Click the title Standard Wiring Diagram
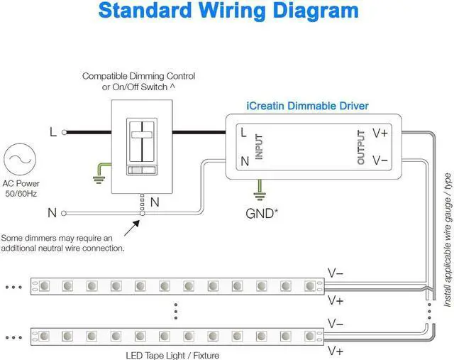pos(228,11)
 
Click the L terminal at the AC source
pos(65,132)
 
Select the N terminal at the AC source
pos(65,212)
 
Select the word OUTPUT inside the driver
pos(360,147)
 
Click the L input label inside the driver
pos(243,133)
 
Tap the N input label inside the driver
pos(244,160)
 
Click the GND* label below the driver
pos(261,212)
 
